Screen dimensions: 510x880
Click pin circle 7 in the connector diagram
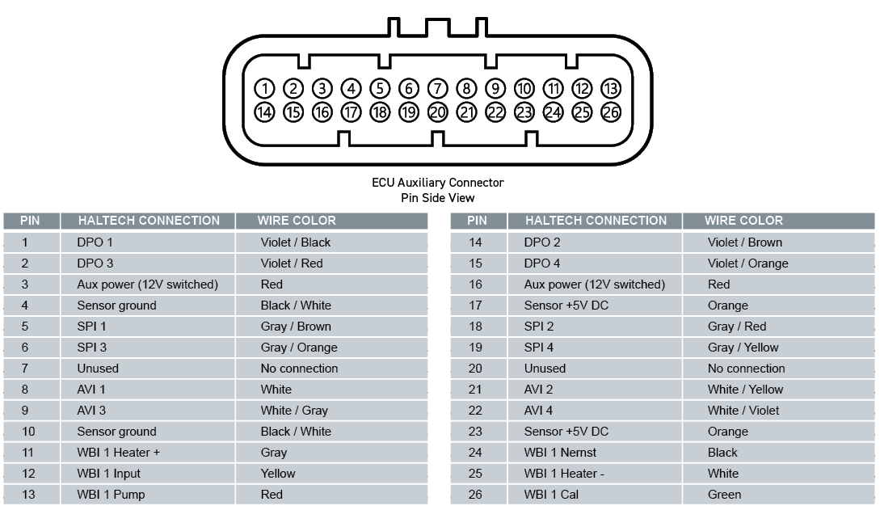pos(437,88)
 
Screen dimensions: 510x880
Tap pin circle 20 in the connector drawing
pos(437,113)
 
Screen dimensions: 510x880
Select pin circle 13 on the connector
pos(611,88)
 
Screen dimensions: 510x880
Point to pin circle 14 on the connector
pos(264,113)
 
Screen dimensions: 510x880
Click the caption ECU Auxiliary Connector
pos(437,183)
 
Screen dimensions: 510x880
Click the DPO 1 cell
pos(95,242)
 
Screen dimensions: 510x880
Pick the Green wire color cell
pos(724,495)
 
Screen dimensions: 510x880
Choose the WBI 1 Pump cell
pos(111,495)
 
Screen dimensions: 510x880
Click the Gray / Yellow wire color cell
pos(743,348)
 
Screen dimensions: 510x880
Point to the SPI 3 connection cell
pos(91,348)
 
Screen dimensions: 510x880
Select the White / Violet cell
pos(743,411)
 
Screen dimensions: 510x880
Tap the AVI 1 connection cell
pos(91,390)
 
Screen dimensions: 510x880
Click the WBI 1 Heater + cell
pos(119,453)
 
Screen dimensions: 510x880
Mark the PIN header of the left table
pos(30,221)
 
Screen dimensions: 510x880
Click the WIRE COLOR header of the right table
pos(743,221)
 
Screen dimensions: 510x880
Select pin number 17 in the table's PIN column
pos(475,306)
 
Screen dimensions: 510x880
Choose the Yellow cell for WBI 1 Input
pos(278,474)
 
